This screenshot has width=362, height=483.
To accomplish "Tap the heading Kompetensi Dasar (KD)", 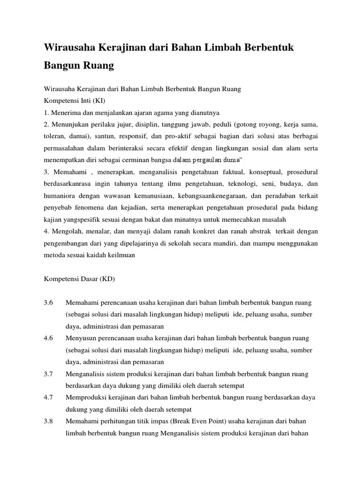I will tap(79, 279).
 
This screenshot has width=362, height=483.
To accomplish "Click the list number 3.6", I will tap(49, 302).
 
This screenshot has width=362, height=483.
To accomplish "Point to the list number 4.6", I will tap(49, 338).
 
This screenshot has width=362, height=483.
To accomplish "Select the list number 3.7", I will tap(49, 374).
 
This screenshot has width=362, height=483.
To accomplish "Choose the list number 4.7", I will tap(49, 398).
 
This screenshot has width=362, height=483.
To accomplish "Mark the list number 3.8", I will tap(49, 421).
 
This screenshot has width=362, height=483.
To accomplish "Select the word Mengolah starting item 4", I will tap(66, 232).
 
